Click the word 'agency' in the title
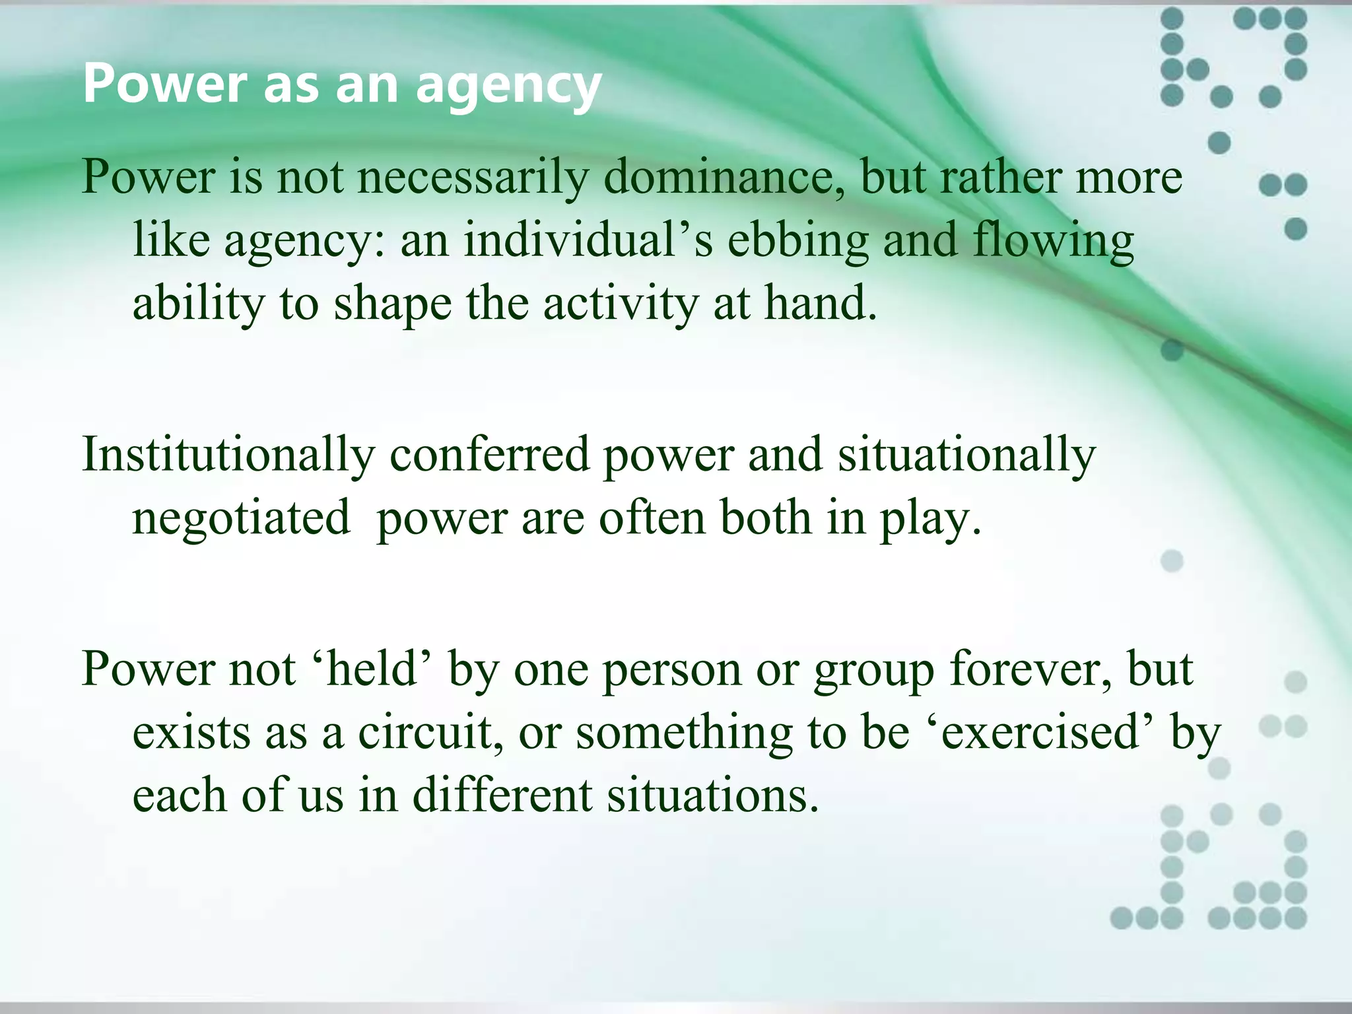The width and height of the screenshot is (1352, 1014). pyautogui.click(x=508, y=86)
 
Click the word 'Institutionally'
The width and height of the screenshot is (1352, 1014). pyautogui.click(x=228, y=455)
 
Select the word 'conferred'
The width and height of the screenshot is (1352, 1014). pyautogui.click(x=489, y=455)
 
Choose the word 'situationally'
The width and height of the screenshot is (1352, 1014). pyautogui.click(x=966, y=455)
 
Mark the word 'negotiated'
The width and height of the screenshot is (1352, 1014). pyautogui.click(x=241, y=518)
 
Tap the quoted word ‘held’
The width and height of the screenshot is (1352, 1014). pyautogui.click(x=370, y=669)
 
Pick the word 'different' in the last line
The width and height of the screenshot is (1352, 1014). pyautogui.click(x=502, y=795)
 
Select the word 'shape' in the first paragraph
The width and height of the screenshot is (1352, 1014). pyautogui.click(x=392, y=303)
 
